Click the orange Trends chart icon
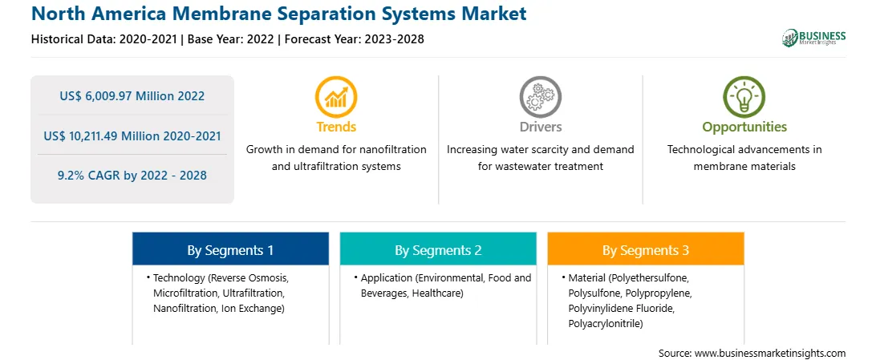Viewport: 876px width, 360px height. click(x=336, y=96)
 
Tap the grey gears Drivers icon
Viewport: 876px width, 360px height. click(x=540, y=96)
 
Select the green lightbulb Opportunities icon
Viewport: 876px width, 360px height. click(x=744, y=96)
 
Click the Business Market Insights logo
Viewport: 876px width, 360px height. click(x=813, y=38)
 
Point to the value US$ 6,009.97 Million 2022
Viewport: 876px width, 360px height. click(x=132, y=96)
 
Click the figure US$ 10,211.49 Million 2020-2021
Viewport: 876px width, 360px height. click(x=132, y=136)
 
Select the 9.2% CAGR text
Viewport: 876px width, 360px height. click(x=132, y=176)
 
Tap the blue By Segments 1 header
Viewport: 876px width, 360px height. click(x=230, y=250)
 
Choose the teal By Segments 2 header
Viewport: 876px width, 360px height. click(x=438, y=250)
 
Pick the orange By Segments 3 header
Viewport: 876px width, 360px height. click(x=646, y=250)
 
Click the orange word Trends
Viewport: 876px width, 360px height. click(x=336, y=127)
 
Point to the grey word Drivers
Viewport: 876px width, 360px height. click(x=540, y=127)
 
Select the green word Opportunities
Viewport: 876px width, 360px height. click(x=744, y=127)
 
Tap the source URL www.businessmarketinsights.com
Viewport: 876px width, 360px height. click(x=770, y=353)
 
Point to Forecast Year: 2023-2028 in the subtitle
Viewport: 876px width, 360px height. click(x=351, y=39)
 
